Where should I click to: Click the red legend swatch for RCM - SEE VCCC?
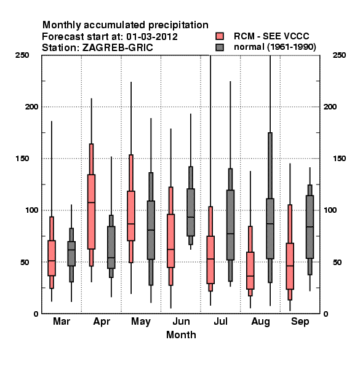coord(220,36)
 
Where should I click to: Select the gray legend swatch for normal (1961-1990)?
coord(220,47)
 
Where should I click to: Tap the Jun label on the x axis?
coord(181,322)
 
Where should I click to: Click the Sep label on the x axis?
coord(300,322)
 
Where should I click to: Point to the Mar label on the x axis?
coord(62,322)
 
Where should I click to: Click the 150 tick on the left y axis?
coord(22,159)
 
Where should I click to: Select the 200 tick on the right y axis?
coord(330,107)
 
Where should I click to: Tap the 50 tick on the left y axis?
coord(25,262)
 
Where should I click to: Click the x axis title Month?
coord(181,335)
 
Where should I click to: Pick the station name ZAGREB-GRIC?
coord(118,48)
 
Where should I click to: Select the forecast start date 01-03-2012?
coord(152,37)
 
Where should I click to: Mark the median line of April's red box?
coord(91,202)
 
